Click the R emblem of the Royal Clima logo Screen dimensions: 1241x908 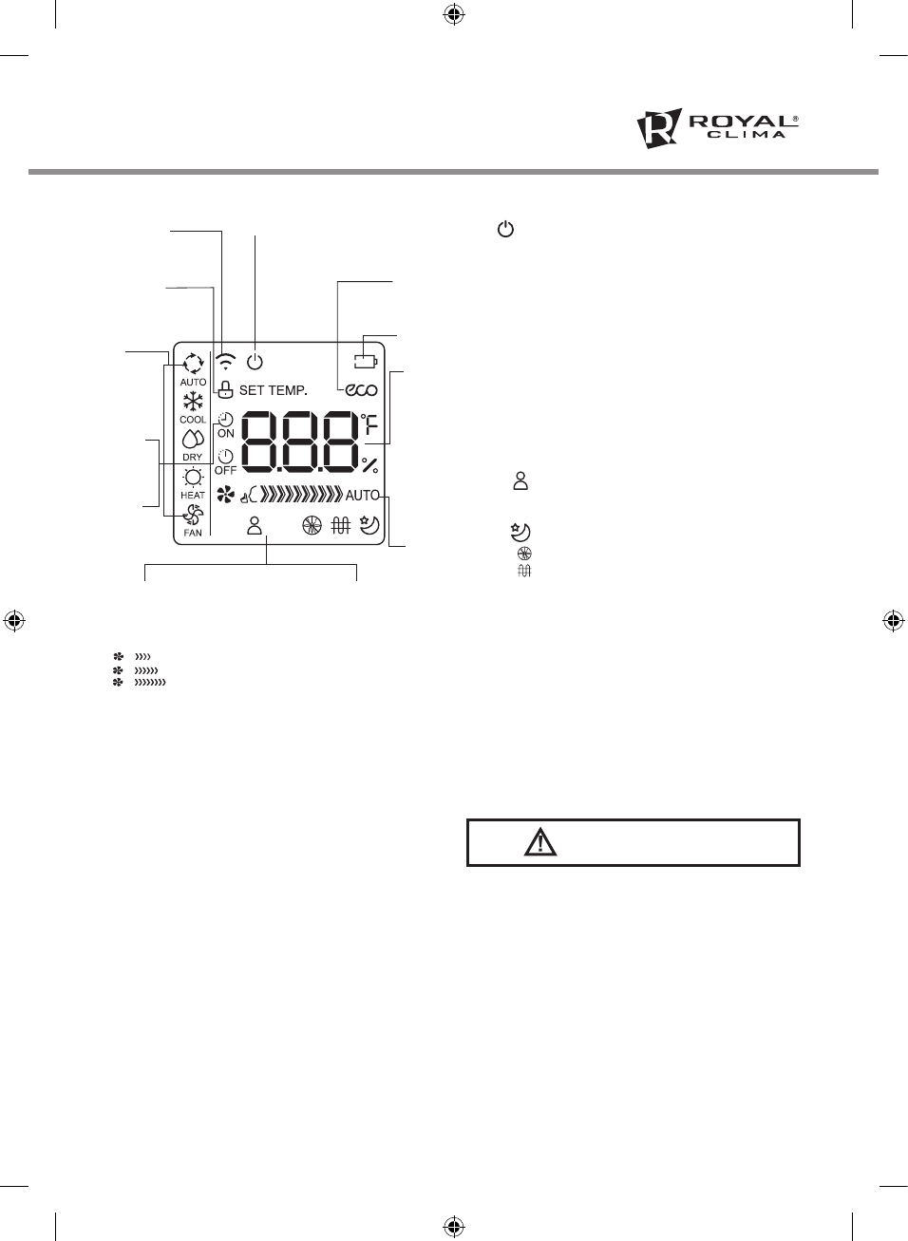(658, 128)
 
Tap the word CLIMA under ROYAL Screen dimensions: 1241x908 (746, 136)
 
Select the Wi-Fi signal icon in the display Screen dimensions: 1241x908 (226, 362)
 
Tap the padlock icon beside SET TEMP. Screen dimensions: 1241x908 (225, 389)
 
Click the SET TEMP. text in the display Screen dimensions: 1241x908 (273, 390)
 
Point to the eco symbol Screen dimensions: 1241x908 (361, 389)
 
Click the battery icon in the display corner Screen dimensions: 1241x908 (366, 361)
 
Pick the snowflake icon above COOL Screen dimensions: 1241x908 (193, 402)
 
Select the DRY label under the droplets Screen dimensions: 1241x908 (193, 458)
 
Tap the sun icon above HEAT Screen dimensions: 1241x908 (193, 477)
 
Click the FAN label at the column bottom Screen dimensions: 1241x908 (193, 533)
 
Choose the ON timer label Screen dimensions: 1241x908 (226, 433)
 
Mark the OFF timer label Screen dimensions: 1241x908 (225, 470)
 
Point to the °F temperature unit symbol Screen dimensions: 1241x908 (369, 423)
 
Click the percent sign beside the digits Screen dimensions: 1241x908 (369, 465)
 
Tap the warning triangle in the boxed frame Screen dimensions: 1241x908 (540, 842)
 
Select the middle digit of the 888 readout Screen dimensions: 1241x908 (299, 442)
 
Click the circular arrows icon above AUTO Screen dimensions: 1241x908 (193, 364)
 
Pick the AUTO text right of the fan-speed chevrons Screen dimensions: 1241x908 (361, 495)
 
